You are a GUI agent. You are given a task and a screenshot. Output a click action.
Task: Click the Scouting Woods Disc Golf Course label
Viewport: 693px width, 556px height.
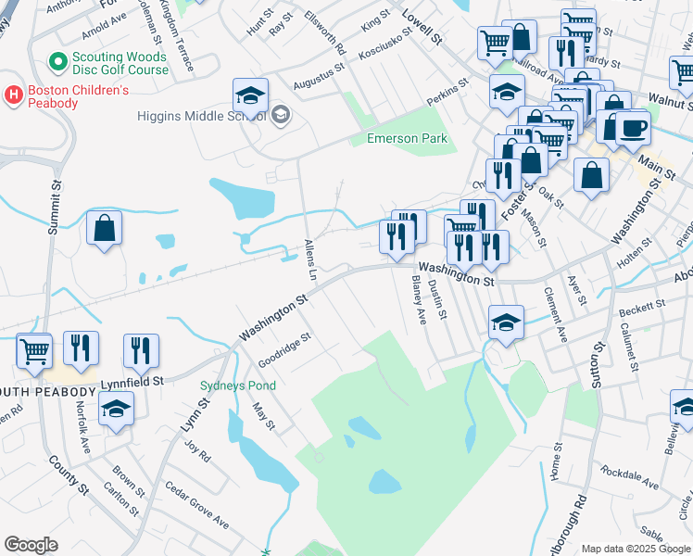tap(120, 63)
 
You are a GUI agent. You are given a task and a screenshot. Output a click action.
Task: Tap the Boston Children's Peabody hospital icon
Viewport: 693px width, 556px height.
tap(14, 95)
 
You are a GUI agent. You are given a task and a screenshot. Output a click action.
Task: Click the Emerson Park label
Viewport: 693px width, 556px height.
tap(407, 139)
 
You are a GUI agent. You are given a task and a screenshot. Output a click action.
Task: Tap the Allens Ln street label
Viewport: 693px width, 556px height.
tap(311, 262)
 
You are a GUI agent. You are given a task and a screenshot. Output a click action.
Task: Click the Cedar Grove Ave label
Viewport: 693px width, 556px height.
tap(196, 505)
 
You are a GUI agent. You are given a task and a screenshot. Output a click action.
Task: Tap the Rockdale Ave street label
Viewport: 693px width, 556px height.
tap(629, 478)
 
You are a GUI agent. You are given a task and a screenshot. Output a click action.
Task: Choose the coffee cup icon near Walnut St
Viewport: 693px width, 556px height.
tap(634, 127)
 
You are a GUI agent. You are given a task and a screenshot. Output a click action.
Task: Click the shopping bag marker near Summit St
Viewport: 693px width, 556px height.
tap(105, 228)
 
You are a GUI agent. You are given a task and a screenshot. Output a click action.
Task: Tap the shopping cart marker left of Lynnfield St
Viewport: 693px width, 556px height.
tap(34, 351)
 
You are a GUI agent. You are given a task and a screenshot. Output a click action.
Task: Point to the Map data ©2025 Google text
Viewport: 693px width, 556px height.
tap(635, 549)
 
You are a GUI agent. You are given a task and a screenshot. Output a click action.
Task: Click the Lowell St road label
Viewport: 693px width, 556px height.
tap(422, 28)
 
